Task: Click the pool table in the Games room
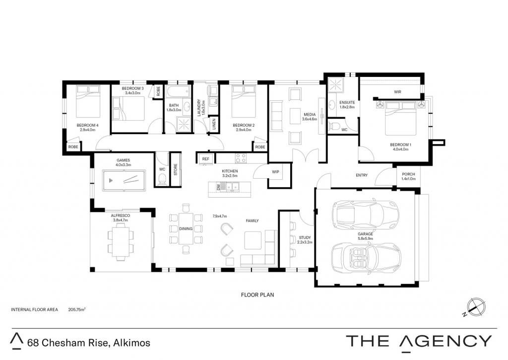click(124, 180)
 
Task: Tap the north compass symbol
click(476, 307)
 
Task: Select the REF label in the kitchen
click(205, 159)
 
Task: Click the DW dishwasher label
click(218, 187)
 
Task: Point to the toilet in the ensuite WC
click(335, 126)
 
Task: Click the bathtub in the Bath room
click(178, 91)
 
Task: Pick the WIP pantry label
click(275, 172)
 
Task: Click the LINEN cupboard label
click(214, 124)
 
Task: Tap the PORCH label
click(408, 174)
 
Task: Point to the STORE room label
click(176, 170)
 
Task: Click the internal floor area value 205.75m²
click(77, 309)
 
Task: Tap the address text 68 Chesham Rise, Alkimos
click(89, 343)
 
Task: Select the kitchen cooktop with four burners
click(241, 158)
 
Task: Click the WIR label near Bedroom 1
click(397, 92)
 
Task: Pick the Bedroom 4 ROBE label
click(73, 147)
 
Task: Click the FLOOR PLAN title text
click(257, 295)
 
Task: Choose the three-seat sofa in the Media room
click(276, 116)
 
